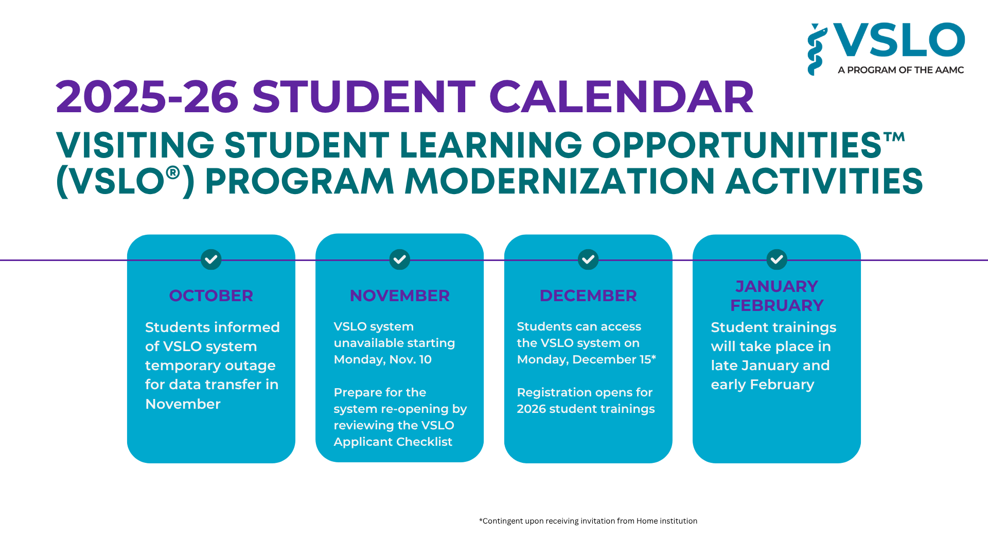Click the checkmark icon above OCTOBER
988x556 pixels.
coord(211,259)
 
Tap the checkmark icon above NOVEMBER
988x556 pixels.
coord(399,259)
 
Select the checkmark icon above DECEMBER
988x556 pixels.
coord(588,259)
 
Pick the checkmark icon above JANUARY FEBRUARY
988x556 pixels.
coord(777,259)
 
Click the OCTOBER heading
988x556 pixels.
coord(211,296)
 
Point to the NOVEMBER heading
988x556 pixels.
coord(399,296)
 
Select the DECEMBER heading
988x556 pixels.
coord(588,296)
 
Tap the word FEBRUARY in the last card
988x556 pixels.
coord(777,305)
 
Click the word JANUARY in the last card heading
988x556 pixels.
coord(777,286)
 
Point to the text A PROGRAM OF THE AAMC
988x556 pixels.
coord(901,70)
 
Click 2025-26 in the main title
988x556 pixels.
coord(147,97)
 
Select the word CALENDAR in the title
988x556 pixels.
coord(621,97)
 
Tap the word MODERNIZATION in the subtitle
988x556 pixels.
coord(560,181)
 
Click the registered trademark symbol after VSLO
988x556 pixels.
coord(173,172)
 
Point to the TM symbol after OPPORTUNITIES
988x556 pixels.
coord(894,136)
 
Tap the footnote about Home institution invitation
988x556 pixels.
coord(588,521)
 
